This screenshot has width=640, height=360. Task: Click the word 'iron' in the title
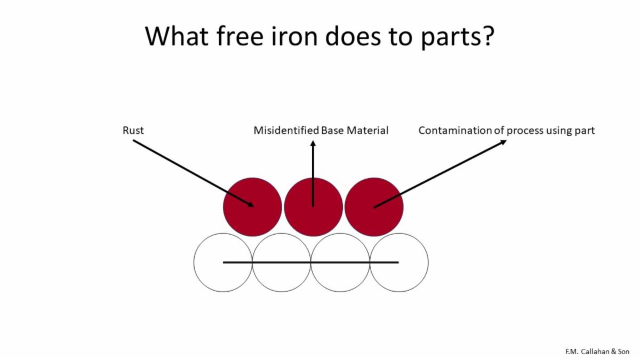tap(294, 36)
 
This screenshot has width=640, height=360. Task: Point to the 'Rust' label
tap(133, 130)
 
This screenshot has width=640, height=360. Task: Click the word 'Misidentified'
tap(286, 130)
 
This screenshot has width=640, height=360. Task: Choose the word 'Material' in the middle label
tap(367, 130)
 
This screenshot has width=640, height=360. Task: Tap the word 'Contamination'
tap(455, 130)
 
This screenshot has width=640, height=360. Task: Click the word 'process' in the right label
tap(525, 131)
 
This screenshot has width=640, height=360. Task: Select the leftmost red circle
tap(252, 207)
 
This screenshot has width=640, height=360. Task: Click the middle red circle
tap(313, 207)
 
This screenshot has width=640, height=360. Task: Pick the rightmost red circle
tap(374, 207)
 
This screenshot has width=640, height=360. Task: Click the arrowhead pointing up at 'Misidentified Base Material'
tap(313, 143)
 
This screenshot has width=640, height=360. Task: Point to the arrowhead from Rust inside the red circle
tap(251, 204)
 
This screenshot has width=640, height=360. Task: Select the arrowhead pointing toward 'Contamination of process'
tap(503, 142)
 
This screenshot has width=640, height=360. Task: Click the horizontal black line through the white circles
tap(310, 262)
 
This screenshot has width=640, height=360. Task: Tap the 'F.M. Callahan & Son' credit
tap(597, 351)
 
